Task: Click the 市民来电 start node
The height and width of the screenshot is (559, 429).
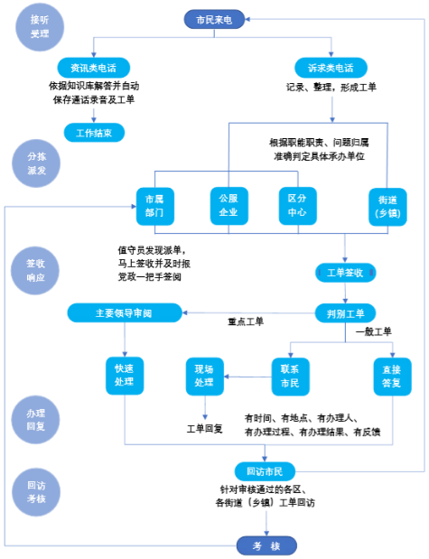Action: pos(214,19)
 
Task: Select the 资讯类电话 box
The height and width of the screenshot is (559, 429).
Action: pos(93,68)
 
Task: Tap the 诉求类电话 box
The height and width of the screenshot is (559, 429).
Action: pos(331,68)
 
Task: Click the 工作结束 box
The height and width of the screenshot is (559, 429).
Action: pos(94,133)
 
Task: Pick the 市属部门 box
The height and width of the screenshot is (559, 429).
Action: pos(155,206)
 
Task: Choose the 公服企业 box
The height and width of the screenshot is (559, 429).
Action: pos(228,206)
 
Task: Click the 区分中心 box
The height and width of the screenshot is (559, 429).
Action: pos(298,206)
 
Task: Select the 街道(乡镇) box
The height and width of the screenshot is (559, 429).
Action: pos(387,207)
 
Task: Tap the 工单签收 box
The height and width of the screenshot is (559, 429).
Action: pos(346,273)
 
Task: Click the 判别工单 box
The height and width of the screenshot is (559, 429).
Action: pos(346,313)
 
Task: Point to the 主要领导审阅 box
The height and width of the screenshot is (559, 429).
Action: pos(125,313)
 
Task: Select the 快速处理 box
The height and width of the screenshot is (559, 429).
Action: pos(125,376)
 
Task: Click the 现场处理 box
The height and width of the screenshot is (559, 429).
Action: pos(205,377)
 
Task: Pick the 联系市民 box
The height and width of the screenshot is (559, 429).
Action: pos(290,377)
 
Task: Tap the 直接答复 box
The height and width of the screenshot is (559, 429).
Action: pos(392,377)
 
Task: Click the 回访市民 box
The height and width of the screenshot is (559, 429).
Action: pos(265,471)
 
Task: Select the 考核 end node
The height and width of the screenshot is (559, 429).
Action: pos(266,545)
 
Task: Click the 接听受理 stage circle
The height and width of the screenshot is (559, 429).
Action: pos(40,27)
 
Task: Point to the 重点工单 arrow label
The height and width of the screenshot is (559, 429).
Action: pos(246,321)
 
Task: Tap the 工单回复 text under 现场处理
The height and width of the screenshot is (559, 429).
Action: pos(205,428)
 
